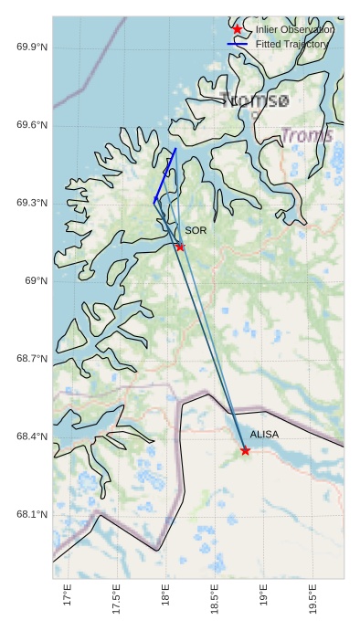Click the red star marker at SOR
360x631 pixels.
[180, 247]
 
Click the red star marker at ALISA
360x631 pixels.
[245, 450]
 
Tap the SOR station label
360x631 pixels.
[196, 231]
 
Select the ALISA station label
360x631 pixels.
[264, 435]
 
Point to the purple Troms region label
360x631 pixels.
[307, 136]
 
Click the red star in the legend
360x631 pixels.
[238, 29]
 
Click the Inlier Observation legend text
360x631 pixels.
[294, 29]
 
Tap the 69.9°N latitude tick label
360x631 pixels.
[32, 47]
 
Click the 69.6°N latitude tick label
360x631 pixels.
[32, 125]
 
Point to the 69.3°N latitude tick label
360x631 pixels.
[32, 203]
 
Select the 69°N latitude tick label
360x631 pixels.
[36, 280]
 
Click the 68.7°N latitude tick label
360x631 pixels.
[32, 359]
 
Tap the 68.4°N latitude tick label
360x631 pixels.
[32, 436]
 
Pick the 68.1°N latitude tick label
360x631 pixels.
[32, 515]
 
